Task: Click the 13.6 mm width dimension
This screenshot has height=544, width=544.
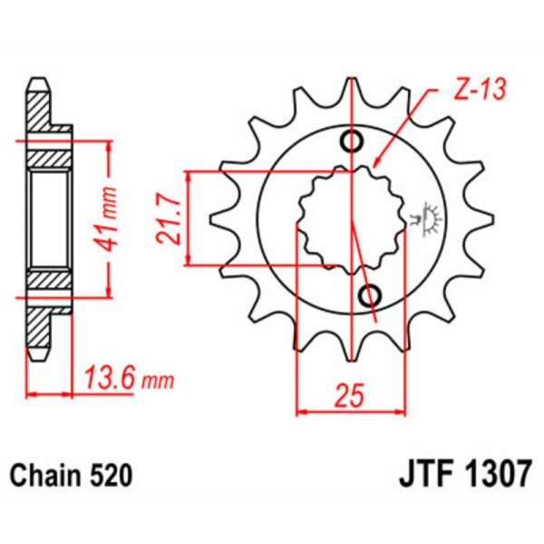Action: click(x=127, y=378)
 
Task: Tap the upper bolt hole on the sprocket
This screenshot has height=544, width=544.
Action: click(x=351, y=140)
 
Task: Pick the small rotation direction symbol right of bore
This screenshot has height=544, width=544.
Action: click(x=423, y=216)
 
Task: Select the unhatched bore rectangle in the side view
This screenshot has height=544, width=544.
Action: click(x=50, y=218)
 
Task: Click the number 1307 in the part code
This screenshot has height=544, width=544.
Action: click(x=495, y=475)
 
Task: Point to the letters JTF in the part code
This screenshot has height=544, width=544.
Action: click(x=423, y=475)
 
